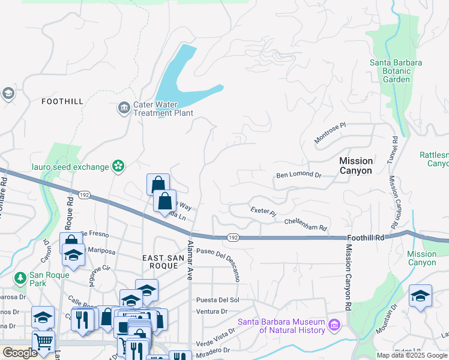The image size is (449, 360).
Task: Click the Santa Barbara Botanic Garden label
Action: coord(396,71)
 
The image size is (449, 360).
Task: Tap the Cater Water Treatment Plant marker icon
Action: coord(124,108)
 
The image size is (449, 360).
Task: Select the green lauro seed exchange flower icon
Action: coord(118,166)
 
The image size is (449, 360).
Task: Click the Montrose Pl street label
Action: coord(331,134)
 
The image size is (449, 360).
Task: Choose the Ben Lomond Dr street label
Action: coord(299,176)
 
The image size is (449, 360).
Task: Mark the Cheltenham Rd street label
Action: coord(306,224)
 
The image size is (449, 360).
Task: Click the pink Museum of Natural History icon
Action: coord(334,326)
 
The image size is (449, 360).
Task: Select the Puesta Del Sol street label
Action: coord(218,299)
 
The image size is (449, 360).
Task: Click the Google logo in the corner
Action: coord(20,353)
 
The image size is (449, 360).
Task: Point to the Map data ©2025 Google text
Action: coord(412,355)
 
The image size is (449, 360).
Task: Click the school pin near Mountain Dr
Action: coord(421,296)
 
